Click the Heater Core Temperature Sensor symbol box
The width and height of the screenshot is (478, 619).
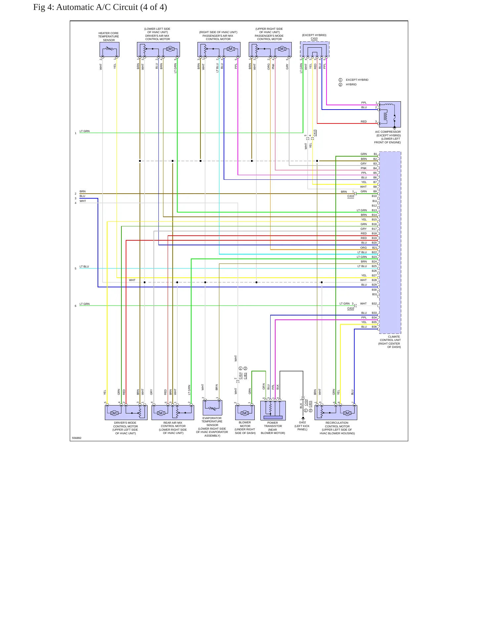(x=109, y=49)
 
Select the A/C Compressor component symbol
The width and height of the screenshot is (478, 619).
(x=390, y=114)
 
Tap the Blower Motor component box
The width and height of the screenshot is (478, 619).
(x=245, y=412)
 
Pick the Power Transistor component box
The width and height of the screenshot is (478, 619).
(x=273, y=410)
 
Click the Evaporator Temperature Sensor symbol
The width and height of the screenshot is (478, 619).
(x=212, y=407)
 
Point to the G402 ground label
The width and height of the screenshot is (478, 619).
(x=302, y=422)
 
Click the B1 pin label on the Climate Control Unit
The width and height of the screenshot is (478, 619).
(x=375, y=154)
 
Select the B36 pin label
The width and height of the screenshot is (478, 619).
(x=374, y=327)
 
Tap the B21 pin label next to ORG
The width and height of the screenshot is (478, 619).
(x=374, y=248)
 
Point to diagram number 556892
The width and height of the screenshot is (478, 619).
(x=76, y=438)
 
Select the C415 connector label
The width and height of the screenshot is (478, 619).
(x=315, y=133)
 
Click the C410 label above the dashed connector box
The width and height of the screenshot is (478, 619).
(x=314, y=38)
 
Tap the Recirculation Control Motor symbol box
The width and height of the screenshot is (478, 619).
(x=336, y=412)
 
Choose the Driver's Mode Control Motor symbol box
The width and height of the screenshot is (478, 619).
(x=126, y=412)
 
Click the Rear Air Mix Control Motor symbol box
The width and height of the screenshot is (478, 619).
(x=173, y=412)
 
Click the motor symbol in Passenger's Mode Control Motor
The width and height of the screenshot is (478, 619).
(x=282, y=49)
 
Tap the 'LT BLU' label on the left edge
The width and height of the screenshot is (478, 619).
(x=84, y=266)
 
